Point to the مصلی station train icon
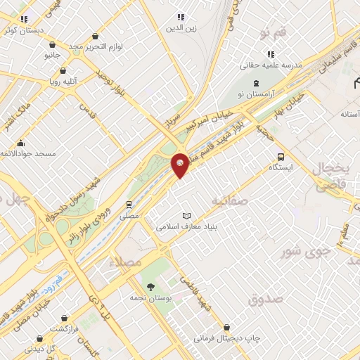tap(129, 205)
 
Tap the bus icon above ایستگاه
tap(281, 157)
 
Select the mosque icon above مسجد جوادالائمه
tap(21, 143)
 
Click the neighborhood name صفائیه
tap(229, 201)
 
